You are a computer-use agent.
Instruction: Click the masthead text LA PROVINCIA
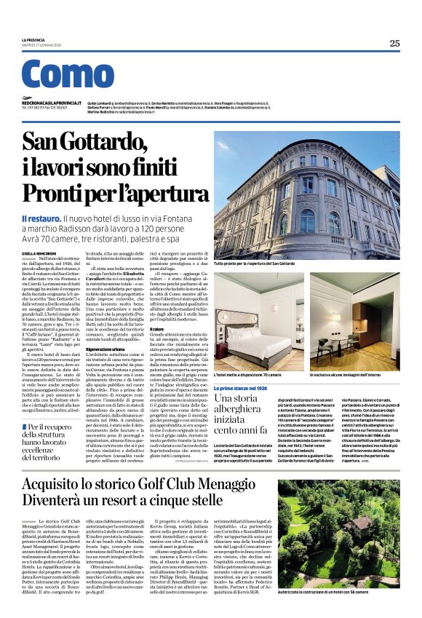[x=34, y=40]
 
